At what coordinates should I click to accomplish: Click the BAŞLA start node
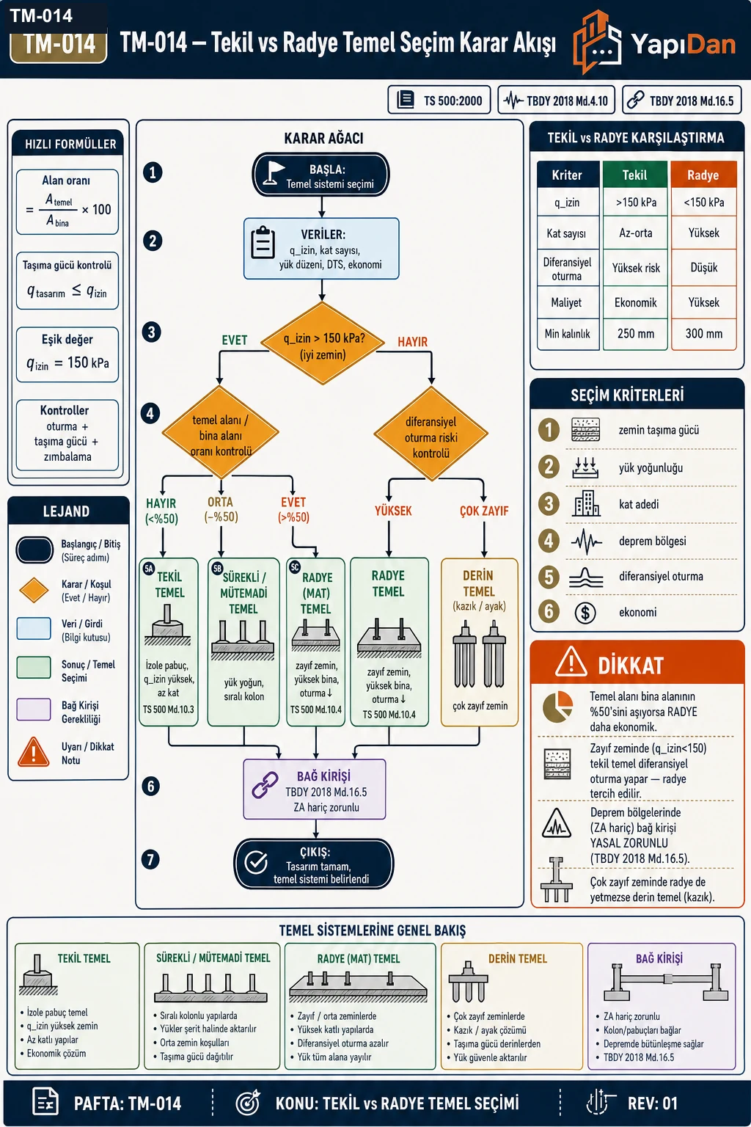click(321, 175)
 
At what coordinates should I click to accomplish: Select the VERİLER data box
click(321, 249)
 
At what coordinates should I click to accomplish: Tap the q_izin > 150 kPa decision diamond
click(323, 343)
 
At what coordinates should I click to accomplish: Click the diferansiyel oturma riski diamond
click(431, 434)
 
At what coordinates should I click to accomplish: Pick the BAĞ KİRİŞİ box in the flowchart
click(315, 789)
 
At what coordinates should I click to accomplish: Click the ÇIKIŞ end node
click(314, 864)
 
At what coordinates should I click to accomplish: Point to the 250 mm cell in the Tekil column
click(636, 334)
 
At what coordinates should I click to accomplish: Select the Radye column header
click(703, 175)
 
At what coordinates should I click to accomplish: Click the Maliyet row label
click(567, 302)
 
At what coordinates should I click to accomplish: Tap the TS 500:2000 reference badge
click(439, 100)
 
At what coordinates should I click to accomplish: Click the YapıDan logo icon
click(597, 43)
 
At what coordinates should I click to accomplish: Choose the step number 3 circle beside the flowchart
click(151, 332)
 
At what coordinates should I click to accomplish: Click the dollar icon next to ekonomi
click(585, 613)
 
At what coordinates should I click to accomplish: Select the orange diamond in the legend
click(34, 590)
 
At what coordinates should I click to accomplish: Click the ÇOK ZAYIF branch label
click(484, 511)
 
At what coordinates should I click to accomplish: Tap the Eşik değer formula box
click(67, 354)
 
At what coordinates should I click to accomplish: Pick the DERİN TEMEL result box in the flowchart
click(480, 642)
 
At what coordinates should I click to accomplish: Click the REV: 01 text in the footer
click(653, 1104)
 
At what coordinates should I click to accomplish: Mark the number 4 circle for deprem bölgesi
click(549, 541)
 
